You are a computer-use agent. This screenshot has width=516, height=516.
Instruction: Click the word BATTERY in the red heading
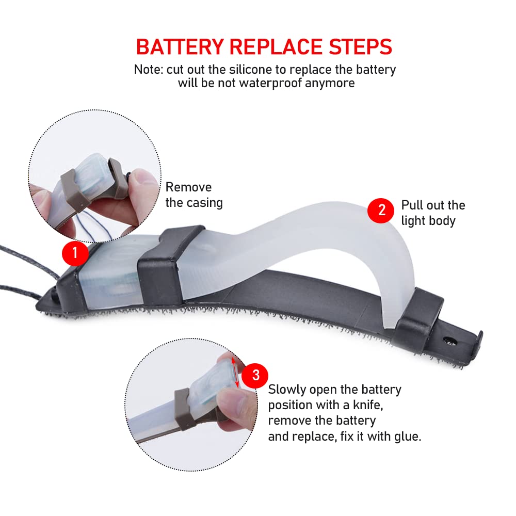point(180,46)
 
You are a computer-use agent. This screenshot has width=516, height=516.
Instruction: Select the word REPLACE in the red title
point(276,46)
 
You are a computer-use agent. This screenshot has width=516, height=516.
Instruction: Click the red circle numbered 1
point(75,253)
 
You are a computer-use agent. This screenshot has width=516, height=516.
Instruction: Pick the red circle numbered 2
point(381,211)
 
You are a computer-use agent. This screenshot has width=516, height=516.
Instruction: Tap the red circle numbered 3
point(255,376)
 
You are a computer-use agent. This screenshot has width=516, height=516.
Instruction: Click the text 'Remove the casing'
point(194,195)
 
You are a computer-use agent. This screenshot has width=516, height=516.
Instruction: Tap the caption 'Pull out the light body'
point(433,213)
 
